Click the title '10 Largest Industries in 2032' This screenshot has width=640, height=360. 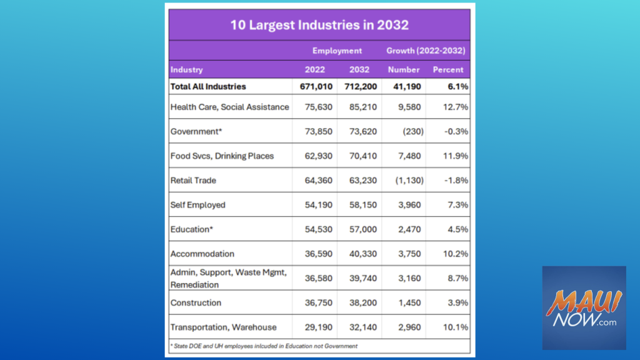tap(319, 26)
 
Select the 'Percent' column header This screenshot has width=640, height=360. tap(448, 70)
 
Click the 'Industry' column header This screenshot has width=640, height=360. tap(187, 70)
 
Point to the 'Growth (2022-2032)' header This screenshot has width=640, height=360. tap(426, 51)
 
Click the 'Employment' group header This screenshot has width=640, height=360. tap(337, 51)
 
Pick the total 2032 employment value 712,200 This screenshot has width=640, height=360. tap(359, 87)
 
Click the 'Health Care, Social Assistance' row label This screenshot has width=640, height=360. tap(229, 107)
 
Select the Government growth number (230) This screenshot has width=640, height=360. tap(411, 131)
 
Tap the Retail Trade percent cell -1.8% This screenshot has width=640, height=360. tap(456, 180)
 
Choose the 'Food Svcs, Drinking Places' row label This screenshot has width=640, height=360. tap(222, 156)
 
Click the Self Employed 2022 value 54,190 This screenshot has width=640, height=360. tap(317, 205)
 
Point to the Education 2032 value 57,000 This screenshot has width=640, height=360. tap(362, 229)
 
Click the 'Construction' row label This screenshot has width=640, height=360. tap(196, 302)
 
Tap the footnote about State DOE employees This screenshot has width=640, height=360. tap(264, 346)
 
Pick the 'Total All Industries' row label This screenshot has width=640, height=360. tap(208, 87)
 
